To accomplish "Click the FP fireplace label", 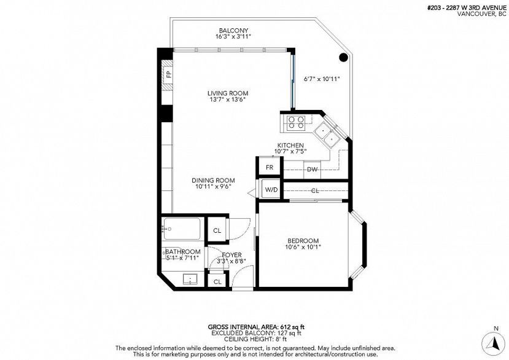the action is [x=169, y=74].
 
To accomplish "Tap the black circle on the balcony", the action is [x=343, y=58].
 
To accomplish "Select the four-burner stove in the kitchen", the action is [x=297, y=123].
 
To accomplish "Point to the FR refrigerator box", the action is [x=270, y=167].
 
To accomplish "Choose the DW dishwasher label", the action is [x=312, y=170].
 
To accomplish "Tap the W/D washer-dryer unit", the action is [x=271, y=189].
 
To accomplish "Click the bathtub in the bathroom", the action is [x=182, y=229].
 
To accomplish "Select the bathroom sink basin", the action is [x=190, y=280].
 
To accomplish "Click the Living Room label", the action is [x=228, y=93].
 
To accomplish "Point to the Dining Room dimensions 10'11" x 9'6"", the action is [x=213, y=187].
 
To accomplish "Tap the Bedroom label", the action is [x=303, y=241].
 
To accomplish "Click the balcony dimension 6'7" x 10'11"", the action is [x=322, y=79].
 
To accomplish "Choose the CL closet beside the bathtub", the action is [x=217, y=230].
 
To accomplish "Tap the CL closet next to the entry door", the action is [x=217, y=282].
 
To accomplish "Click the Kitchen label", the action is [x=290, y=145].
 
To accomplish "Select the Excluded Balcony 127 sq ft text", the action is [x=257, y=333].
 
